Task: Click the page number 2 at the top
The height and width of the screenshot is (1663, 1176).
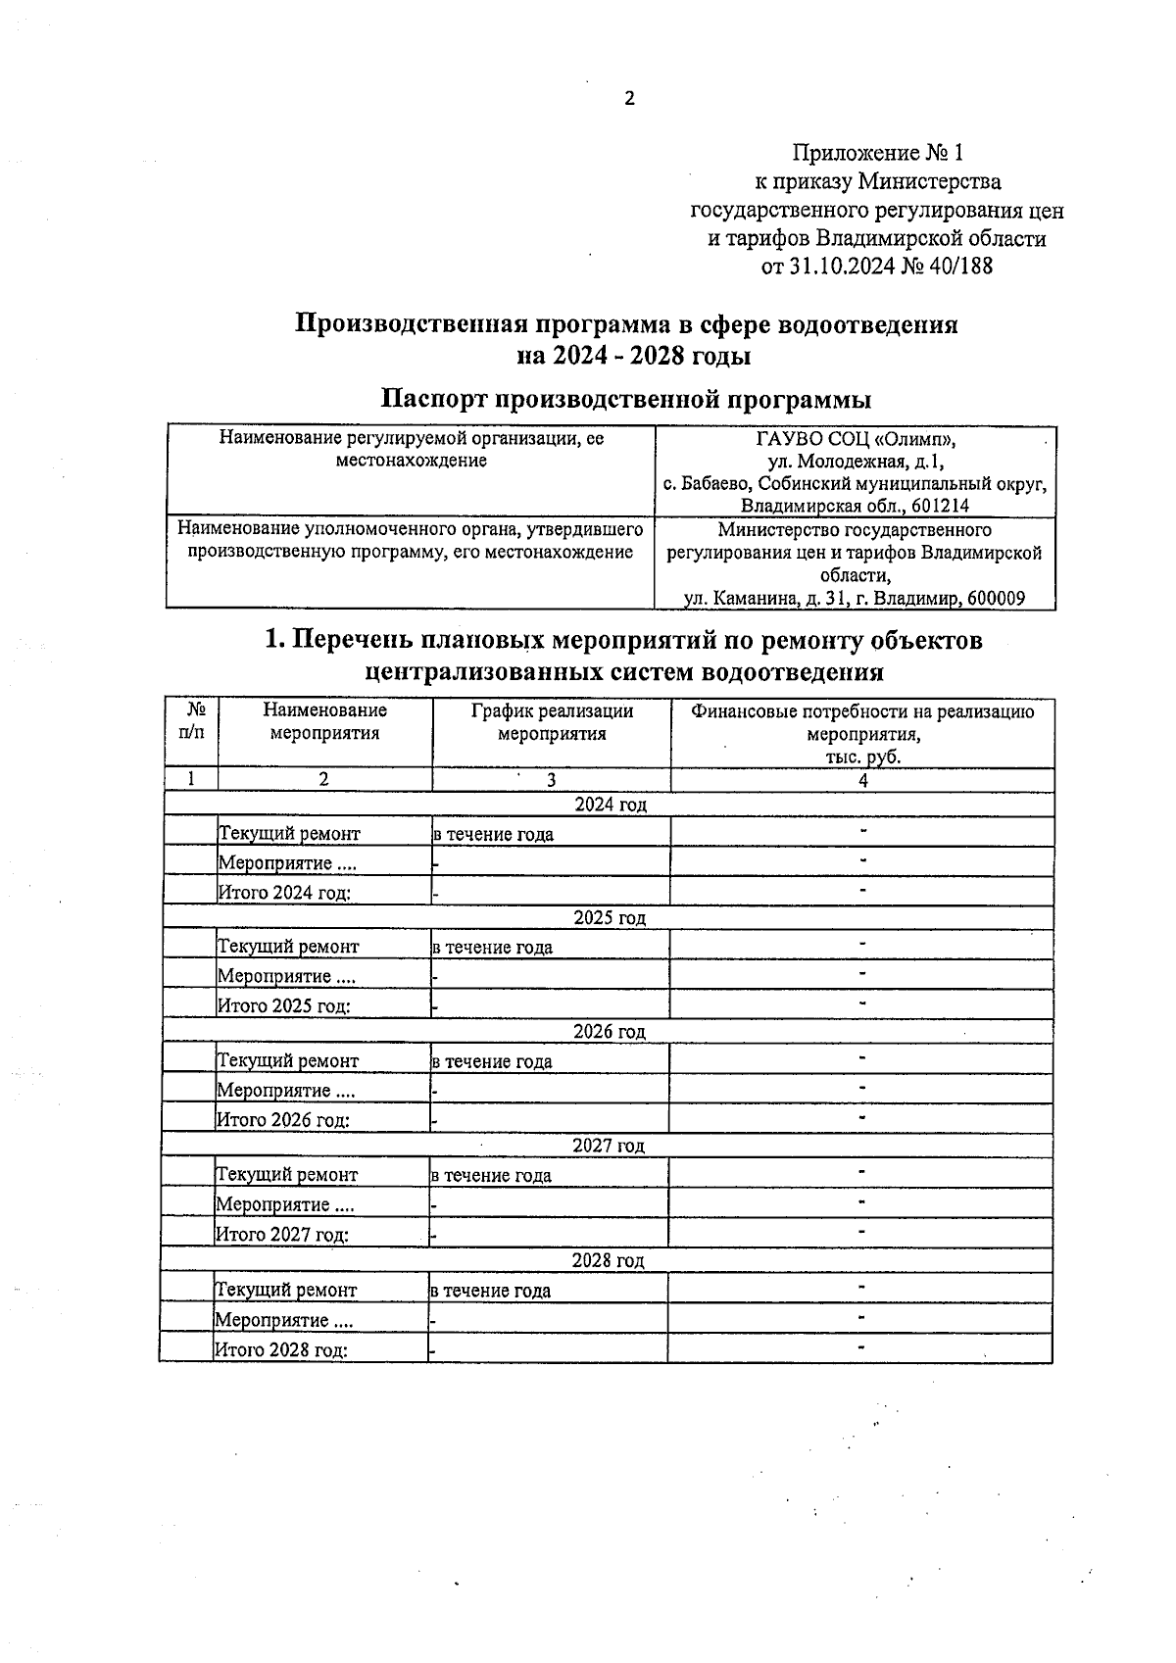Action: [629, 98]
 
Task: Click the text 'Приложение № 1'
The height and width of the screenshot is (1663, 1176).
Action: [877, 153]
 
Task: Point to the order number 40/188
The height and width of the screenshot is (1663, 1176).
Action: [961, 266]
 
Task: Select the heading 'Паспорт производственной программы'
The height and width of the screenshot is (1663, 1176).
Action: [626, 400]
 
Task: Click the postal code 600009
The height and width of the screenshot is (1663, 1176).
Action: [994, 598]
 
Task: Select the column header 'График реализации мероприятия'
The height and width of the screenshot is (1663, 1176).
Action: [552, 722]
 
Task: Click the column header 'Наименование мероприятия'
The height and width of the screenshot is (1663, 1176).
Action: [324, 722]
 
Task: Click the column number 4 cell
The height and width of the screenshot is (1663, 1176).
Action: [862, 780]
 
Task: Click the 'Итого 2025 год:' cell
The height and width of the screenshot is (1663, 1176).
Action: [284, 1005]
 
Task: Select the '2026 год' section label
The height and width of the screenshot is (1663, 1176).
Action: [609, 1032]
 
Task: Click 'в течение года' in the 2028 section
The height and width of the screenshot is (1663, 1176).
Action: [491, 1291]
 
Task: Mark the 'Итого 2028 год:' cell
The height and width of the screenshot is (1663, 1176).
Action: [282, 1349]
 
